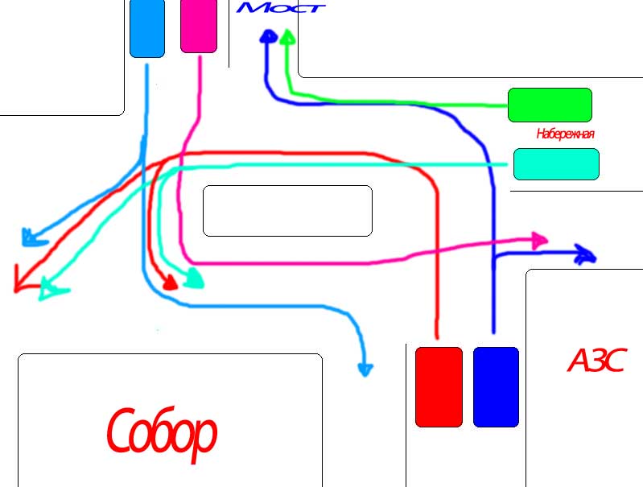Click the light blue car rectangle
point(146,28)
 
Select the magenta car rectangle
point(199,27)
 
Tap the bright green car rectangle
point(550,105)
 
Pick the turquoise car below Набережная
point(556,164)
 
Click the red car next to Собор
point(439,386)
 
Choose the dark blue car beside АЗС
point(496,386)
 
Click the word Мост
point(282,8)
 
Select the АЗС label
point(596,361)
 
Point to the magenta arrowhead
point(539,239)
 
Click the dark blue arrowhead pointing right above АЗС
point(586,255)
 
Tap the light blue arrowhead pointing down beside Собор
point(365,369)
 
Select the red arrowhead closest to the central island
point(170,283)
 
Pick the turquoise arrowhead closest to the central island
point(195,279)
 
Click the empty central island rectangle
point(287,211)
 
